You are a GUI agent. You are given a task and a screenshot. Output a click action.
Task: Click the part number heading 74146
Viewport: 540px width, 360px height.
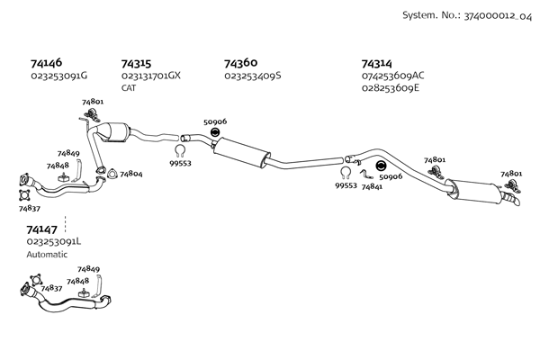tap(46, 64)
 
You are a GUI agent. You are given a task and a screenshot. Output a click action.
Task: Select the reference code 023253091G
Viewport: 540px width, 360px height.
tap(58, 76)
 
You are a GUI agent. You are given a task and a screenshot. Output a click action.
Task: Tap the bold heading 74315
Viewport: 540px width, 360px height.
tap(136, 64)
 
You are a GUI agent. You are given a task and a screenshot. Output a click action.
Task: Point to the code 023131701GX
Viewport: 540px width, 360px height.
tap(151, 76)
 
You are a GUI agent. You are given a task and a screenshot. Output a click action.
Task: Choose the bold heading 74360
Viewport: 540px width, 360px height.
tap(240, 63)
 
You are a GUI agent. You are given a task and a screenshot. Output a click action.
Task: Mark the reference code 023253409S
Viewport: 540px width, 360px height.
tap(253, 76)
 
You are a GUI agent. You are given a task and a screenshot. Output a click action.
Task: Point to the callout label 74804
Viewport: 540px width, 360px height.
tap(131, 174)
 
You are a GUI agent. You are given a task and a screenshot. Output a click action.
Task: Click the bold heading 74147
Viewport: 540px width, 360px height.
tap(42, 229)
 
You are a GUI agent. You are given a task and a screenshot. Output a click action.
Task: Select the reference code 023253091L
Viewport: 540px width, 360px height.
tap(54, 241)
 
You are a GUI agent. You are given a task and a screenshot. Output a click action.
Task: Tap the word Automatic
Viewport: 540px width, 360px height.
tap(47, 255)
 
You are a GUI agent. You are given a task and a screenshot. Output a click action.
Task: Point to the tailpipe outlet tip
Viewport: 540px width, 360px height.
tap(517, 204)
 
